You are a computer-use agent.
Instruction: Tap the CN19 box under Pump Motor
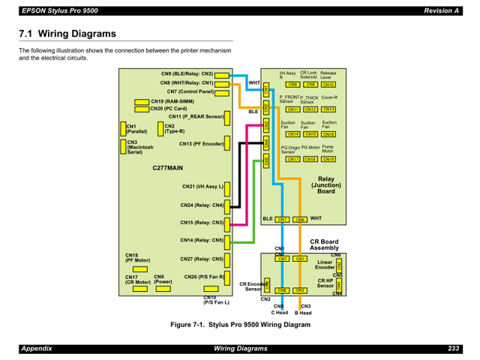tap(328, 159)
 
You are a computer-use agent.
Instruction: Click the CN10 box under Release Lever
tap(328, 85)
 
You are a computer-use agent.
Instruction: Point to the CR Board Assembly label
tap(325, 244)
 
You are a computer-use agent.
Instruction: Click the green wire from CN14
tap(255, 210)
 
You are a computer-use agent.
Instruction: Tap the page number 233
tap(453, 349)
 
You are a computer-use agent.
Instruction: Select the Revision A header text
tap(439, 10)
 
